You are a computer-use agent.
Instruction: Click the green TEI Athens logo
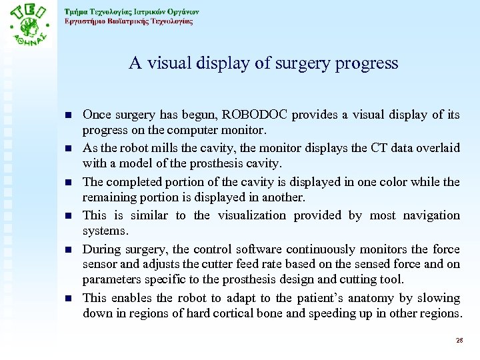29,26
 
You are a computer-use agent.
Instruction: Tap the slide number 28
459,340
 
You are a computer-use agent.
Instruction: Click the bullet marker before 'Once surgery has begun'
70,115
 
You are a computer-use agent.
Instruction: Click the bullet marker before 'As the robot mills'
70,148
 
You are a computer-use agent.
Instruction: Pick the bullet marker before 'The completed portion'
70,181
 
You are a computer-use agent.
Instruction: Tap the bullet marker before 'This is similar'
70,215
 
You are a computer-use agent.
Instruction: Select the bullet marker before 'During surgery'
70,249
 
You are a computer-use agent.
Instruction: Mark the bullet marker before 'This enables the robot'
70,298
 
